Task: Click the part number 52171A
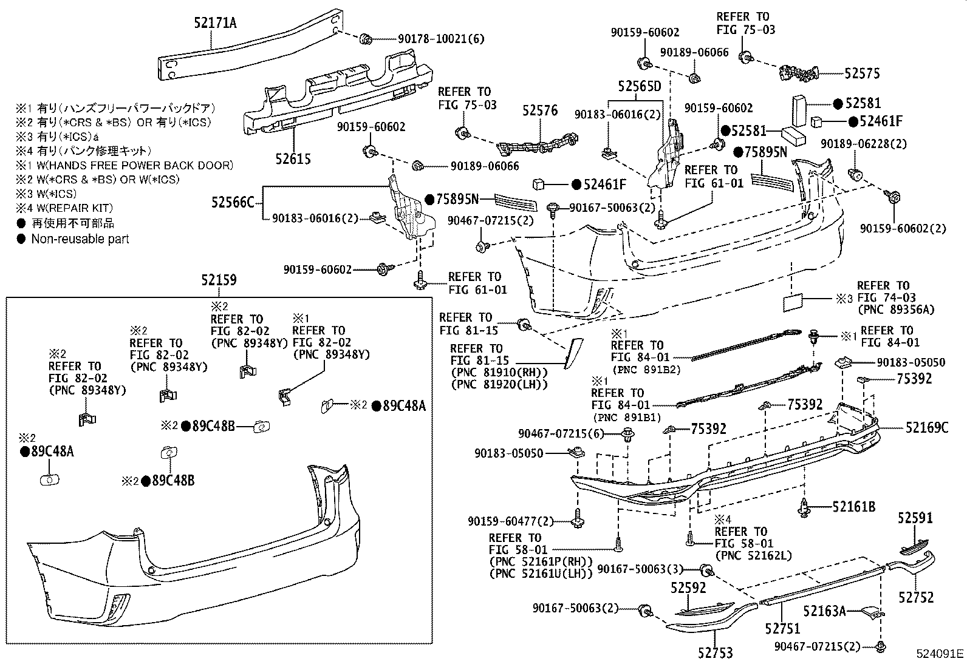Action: click(x=215, y=23)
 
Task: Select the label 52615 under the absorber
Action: click(x=292, y=159)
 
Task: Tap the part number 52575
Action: click(x=862, y=73)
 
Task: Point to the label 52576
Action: click(x=540, y=110)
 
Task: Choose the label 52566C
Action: click(x=233, y=201)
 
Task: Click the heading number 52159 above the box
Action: click(x=219, y=280)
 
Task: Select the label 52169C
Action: click(x=926, y=428)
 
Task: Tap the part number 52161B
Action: click(x=853, y=506)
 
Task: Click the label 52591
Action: click(x=915, y=518)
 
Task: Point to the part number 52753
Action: click(x=715, y=653)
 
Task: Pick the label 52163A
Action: click(x=824, y=611)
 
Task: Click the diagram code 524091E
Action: click(x=940, y=654)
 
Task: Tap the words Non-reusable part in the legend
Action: click(x=80, y=239)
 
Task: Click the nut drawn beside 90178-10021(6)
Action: click(x=366, y=39)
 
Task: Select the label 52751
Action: click(x=782, y=629)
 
